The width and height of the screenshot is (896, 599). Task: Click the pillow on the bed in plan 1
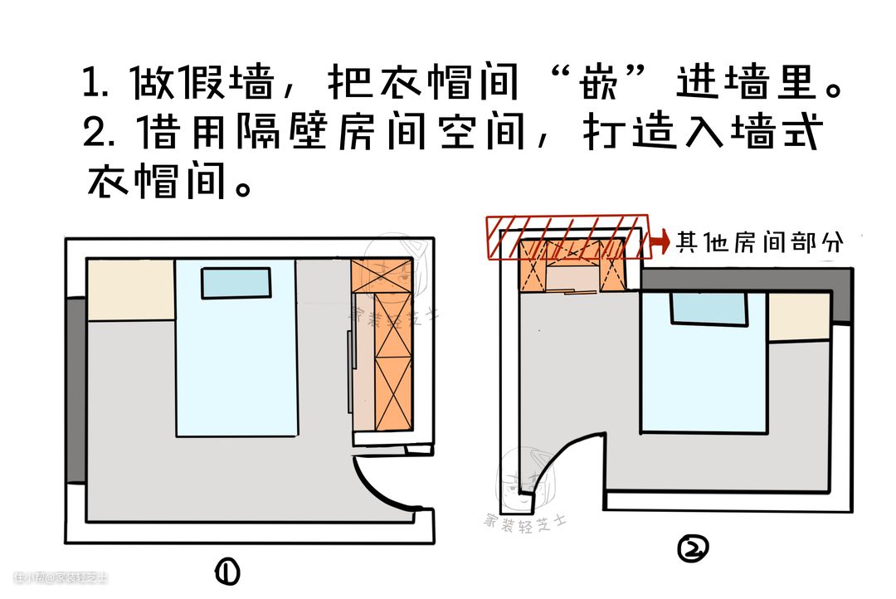point(236,283)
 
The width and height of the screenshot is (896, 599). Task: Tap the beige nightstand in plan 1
point(130,290)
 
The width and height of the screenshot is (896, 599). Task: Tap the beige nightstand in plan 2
point(798,316)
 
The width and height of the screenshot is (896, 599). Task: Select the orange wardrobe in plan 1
point(382,344)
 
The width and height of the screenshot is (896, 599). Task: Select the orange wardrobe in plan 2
point(572,265)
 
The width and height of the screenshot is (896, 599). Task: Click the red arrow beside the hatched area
point(660,241)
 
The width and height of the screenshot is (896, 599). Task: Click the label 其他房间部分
point(760,241)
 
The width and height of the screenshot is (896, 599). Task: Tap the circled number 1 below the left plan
point(226,571)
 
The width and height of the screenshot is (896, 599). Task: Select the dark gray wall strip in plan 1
point(75,390)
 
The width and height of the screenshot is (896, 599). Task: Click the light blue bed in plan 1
point(236,365)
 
